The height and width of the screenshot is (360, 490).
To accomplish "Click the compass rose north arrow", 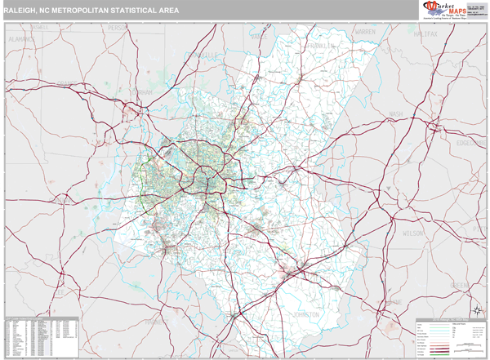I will [x=476, y=311].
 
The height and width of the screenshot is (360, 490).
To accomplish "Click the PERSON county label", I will [x=119, y=29].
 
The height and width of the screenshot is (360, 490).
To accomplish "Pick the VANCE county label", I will [x=259, y=37].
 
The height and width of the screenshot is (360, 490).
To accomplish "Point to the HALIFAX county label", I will [x=425, y=33].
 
